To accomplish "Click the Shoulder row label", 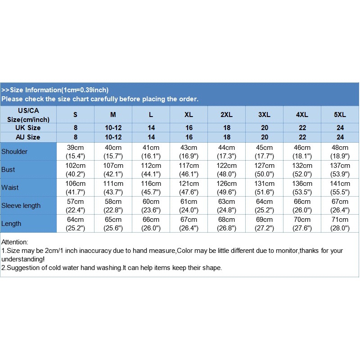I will click(14, 152).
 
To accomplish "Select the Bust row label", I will click(8, 170).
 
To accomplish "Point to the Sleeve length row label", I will click(21, 206).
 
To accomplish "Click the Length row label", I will click(11, 224).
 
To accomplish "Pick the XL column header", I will click(189, 115).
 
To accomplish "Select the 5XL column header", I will click(340, 115).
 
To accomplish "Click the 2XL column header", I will click(226, 115).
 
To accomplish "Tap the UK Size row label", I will click(28, 128).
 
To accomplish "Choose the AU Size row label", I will click(28, 137).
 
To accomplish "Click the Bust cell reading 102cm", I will click(76, 170).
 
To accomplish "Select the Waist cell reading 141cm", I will click(340, 188).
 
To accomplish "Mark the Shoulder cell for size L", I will click(151, 152).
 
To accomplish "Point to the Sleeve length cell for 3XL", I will click(264, 206).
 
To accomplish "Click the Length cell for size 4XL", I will click(302, 224).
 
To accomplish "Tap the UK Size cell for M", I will click(113, 128).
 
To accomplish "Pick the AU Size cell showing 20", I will click(264, 137).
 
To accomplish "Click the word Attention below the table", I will click(15, 242).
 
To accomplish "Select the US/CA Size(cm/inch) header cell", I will click(28, 115).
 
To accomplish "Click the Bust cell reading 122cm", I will click(226, 170).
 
